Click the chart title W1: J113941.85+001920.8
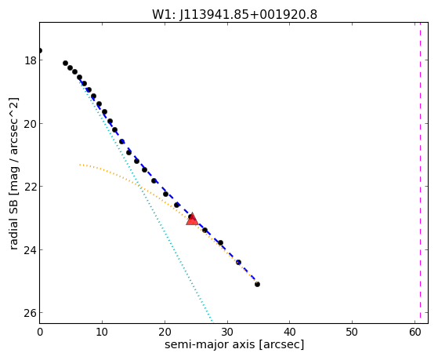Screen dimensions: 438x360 click(x=234, y=14)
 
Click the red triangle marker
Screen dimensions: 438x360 click(x=192, y=220)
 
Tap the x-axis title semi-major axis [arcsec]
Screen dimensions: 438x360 click(x=234, y=344)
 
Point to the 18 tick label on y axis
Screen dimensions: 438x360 click(x=30, y=60)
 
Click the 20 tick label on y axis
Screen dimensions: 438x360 click(x=30, y=124)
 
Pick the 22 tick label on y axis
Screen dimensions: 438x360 click(x=30, y=187)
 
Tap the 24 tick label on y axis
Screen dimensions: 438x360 click(x=30, y=249)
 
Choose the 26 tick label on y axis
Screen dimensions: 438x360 click(x=30, y=313)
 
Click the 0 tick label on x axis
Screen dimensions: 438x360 click(x=40, y=333)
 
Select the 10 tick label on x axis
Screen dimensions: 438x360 click(x=102, y=333)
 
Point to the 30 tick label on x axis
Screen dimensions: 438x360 click(x=227, y=333)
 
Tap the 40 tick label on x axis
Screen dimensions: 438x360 click(x=290, y=333)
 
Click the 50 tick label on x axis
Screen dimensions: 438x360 click(x=352, y=333)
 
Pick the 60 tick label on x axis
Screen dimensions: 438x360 click(x=414, y=333)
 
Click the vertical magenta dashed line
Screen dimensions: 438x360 click(x=420, y=173)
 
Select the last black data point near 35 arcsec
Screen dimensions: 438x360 click(x=257, y=284)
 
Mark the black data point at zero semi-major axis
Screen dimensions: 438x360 click(x=40, y=51)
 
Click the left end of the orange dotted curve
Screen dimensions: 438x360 click(x=80, y=165)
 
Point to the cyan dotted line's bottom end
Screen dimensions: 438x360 click(x=212, y=321)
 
